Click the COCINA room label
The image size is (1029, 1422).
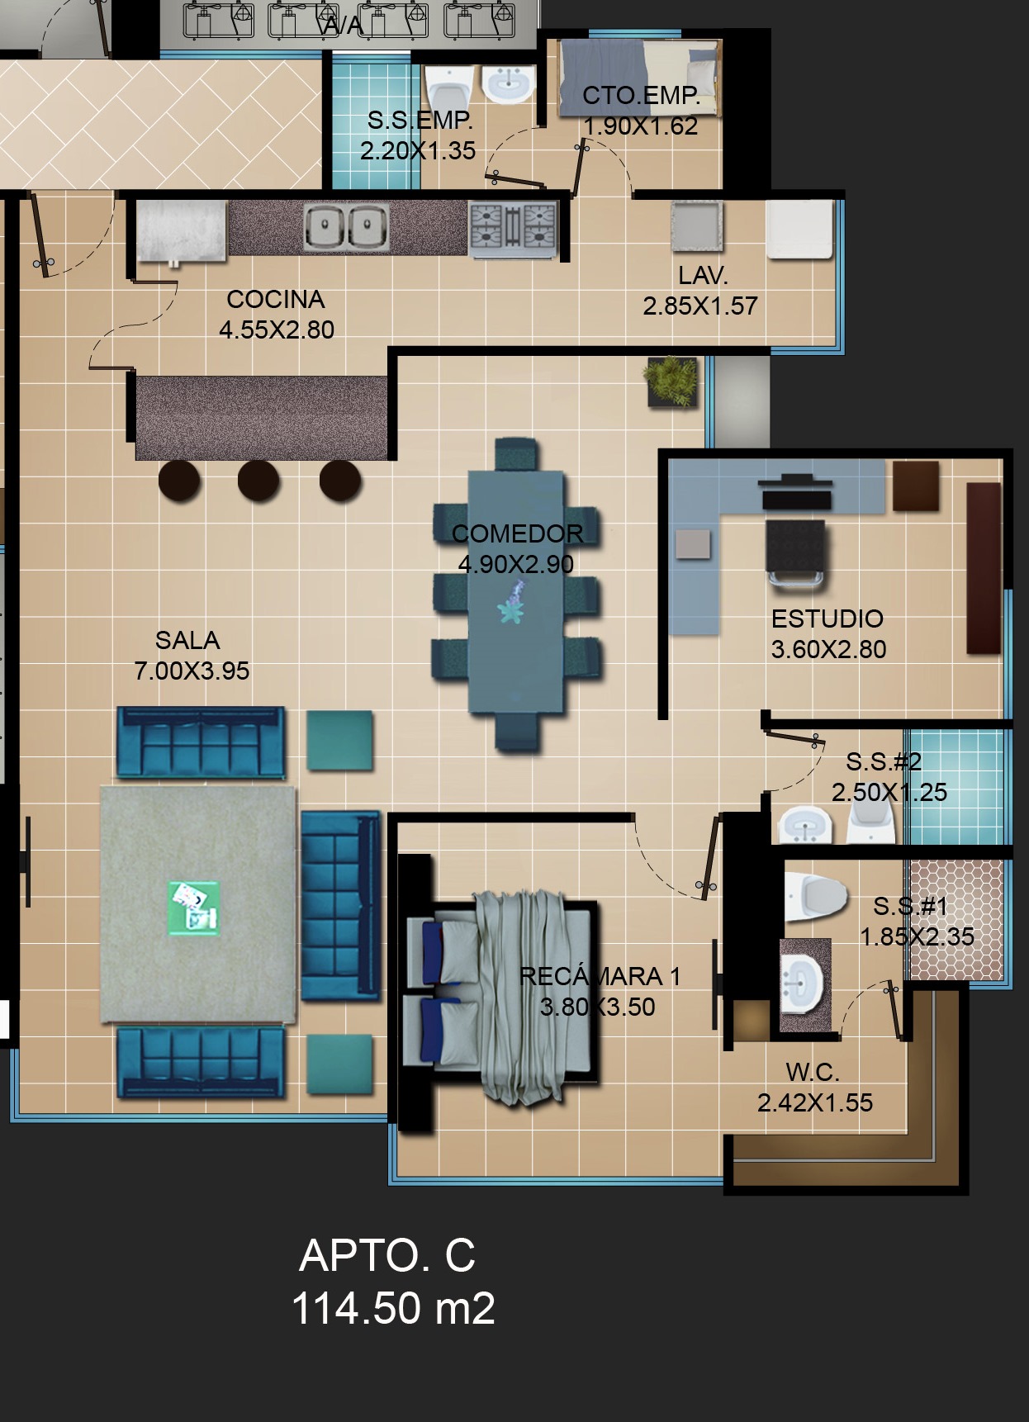pos(276,299)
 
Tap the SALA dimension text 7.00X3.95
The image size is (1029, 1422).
pos(192,671)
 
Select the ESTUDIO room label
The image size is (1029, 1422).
pos(827,619)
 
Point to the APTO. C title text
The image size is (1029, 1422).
pos(387,1255)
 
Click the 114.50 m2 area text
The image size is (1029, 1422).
pos(393,1308)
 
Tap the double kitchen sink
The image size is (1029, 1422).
pos(346,226)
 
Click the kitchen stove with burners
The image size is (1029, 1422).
pos(513,227)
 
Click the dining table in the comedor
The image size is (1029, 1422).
pos(516,592)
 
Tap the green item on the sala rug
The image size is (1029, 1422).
pos(194,908)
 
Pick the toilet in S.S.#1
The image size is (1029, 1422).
pos(817,896)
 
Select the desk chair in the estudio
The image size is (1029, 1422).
pos(795,554)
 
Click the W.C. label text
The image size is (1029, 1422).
pos(813,1072)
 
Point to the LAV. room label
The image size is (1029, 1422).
pos(703,276)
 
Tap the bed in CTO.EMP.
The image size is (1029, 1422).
pos(639,78)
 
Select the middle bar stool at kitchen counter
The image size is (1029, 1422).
pos(258,480)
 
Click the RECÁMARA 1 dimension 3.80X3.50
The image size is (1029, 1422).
pos(598,1007)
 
